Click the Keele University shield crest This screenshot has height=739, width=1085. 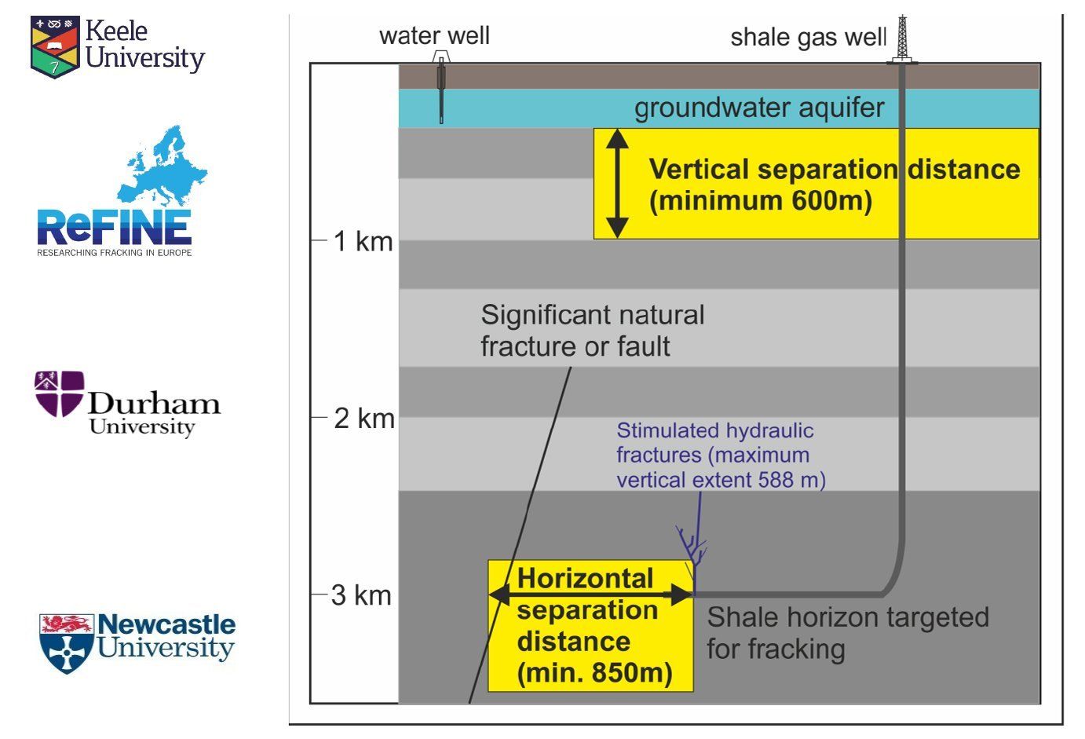coord(55,46)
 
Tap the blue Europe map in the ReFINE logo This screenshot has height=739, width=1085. coord(163,164)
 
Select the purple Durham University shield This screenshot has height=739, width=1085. coord(59,393)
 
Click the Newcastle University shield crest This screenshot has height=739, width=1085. coord(67,643)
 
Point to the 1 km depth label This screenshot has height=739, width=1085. coord(363,241)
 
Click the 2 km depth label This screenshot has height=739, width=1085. coord(363,419)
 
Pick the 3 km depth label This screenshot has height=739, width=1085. coord(361,595)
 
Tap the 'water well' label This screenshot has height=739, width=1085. coord(434,35)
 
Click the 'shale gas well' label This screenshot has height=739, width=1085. coord(809,38)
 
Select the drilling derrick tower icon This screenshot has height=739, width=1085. coord(902,39)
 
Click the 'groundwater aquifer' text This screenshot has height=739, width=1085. coord(759,108)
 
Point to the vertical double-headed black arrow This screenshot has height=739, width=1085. coord(618,184)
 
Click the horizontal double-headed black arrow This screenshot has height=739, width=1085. coord(591,594)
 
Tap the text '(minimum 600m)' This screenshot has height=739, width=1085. coord(761,200)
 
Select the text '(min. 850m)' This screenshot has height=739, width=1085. coord(595,672)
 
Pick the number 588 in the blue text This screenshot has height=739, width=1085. coord(776,480)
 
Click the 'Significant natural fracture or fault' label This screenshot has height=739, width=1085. coord(593,331)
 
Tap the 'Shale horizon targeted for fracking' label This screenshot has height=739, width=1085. coord(848,633)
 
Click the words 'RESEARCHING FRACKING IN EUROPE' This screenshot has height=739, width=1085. coord(115,252)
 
